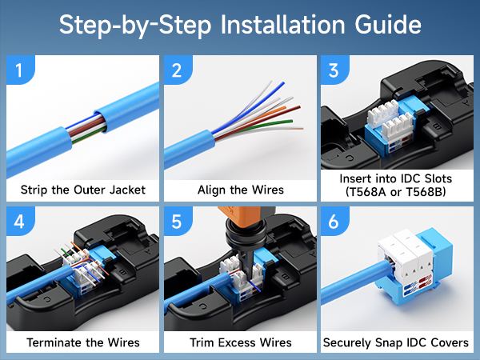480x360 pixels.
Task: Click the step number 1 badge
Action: point(19,70)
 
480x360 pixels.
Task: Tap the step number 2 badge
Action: point(177,70)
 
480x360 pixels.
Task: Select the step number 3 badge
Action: point(334,70)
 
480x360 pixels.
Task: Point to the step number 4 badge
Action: point(19,222)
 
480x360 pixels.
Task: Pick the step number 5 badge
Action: point(177,222)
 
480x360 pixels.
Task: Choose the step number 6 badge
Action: point(334,222)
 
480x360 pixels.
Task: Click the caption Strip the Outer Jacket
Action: point(82,190)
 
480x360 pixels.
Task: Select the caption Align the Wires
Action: point(240,190)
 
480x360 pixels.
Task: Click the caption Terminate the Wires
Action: point(82,342)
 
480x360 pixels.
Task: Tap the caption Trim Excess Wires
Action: point(240,342)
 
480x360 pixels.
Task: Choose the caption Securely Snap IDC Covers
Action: point(396,342)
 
